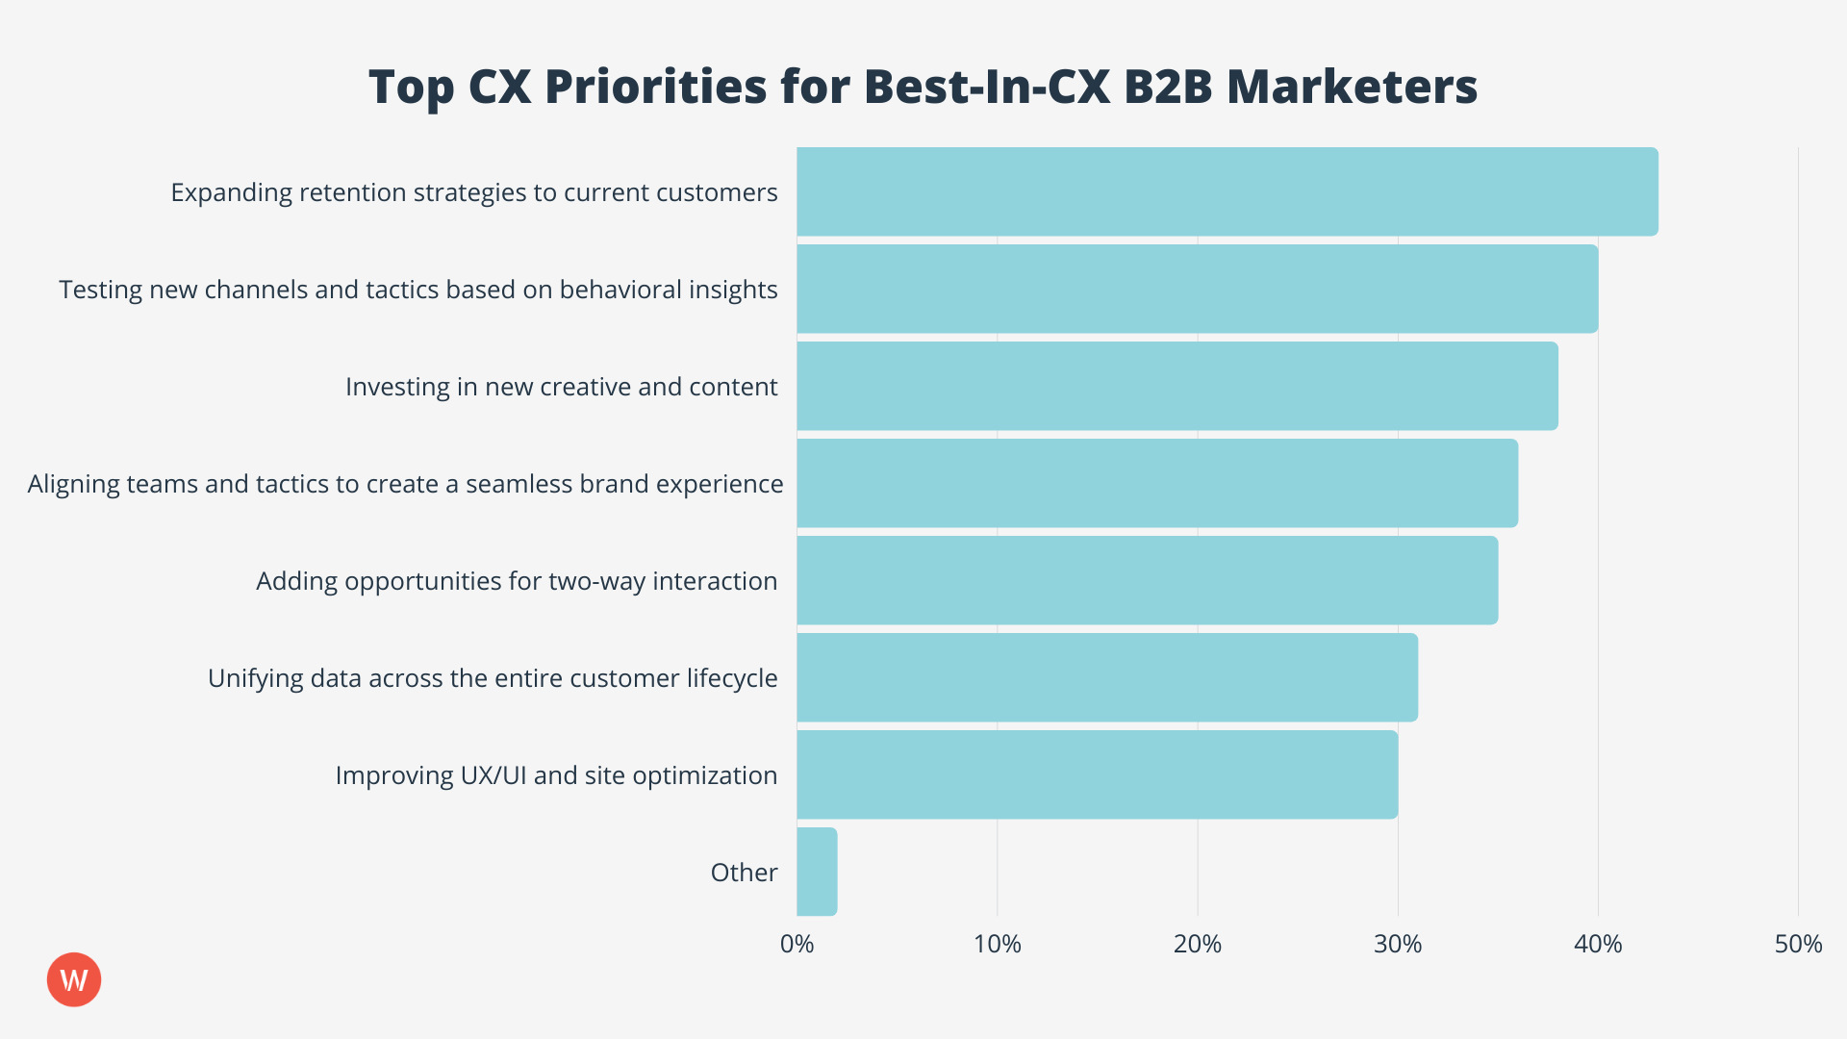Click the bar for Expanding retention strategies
(x=1227, y=191)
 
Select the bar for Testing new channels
(x=1197, y=289)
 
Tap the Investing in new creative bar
(x=1177, y=386)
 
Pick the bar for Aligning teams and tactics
(x=1156, y=483)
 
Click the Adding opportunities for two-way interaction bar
(x=1147, y=580)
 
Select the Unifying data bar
(x=1106, y=677)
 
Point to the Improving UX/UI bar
(x=1097, y=774)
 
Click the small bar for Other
(x=817, y=872)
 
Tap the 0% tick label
(x=797, y=944)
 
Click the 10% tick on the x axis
(x=997, y=944)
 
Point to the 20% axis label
(x=1197, y=944)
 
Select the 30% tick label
(x=1397, y=944)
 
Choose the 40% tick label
(x=1597, y=944)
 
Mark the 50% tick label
(x=1798, y=944)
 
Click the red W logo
(x=74, y=979)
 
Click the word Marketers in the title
(x=1352, y=87)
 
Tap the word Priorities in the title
(x=656, y=87)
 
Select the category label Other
(x=744, y=873)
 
